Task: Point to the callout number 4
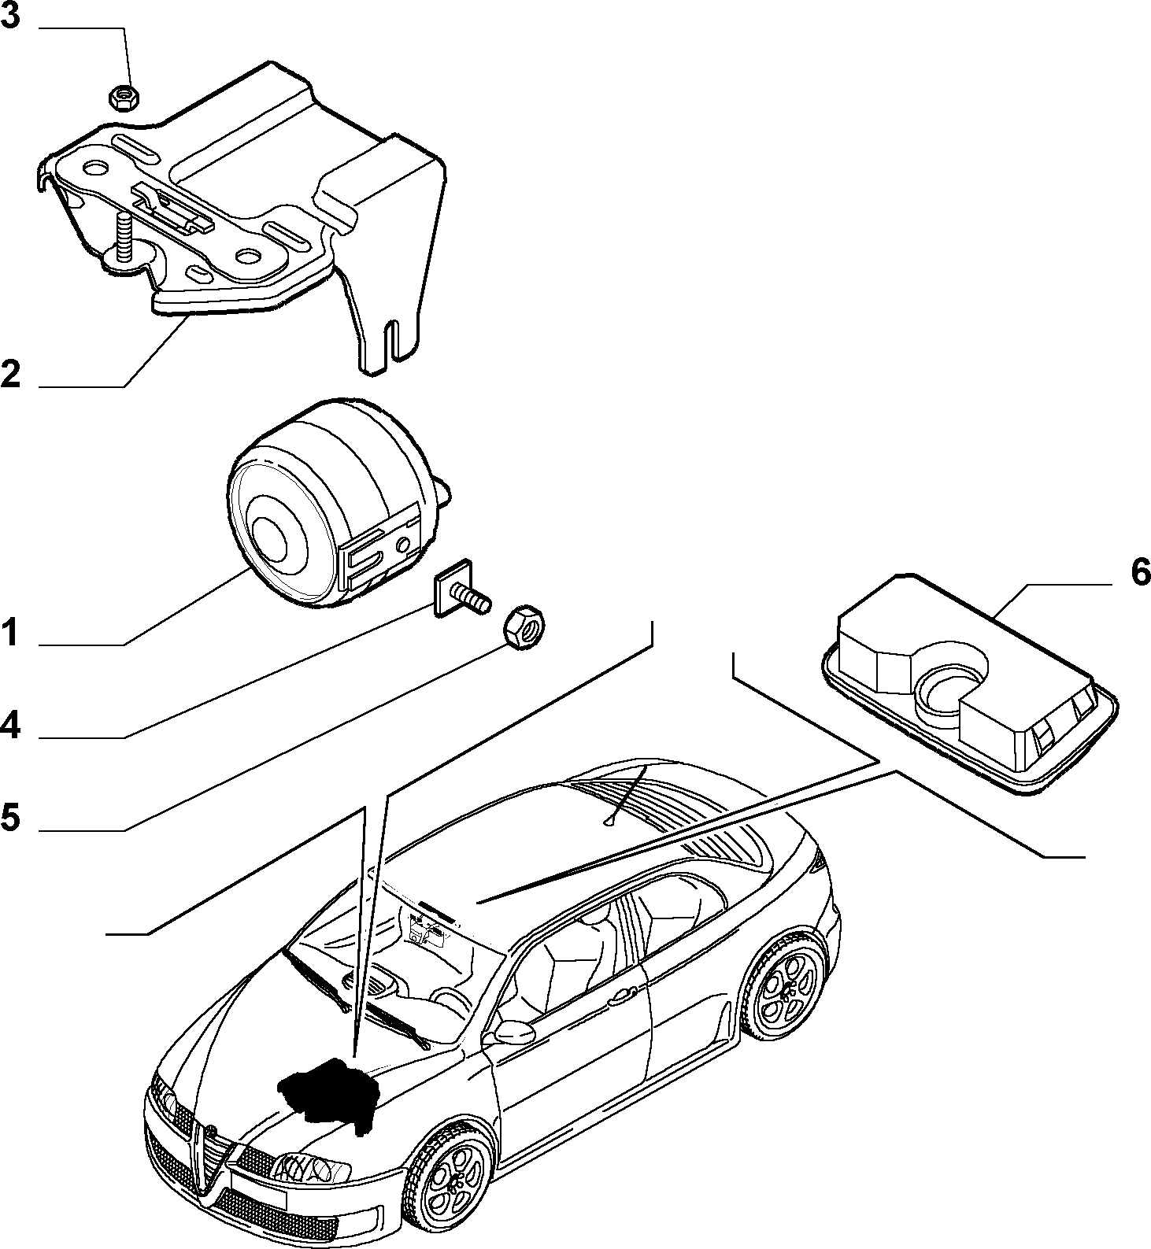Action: [x=10, y=725]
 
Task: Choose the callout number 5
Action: [x=10, y=818]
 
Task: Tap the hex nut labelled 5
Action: [x=525, y=626]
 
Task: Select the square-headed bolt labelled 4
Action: [x=461, y=594]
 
